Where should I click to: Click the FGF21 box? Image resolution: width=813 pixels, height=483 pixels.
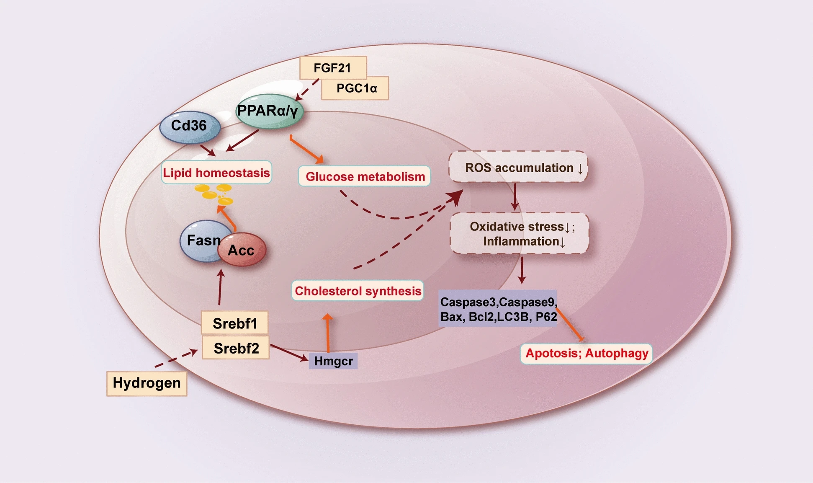(333, 68)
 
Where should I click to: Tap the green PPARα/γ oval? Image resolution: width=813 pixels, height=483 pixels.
(269, 111)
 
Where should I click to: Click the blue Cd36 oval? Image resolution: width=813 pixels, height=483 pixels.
(190, 126)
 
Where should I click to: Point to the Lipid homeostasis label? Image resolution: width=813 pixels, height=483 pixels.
(216, 173)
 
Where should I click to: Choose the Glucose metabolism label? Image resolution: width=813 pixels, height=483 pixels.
(365, 176)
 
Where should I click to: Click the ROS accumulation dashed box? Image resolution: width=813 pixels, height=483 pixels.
(518, 167)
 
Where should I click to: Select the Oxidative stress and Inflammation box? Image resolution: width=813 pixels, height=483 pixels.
(520, 234)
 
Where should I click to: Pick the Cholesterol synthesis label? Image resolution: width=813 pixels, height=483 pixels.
(358, 291)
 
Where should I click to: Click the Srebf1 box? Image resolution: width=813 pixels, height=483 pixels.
(234, 323)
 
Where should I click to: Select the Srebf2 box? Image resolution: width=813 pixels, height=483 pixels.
(236, 348)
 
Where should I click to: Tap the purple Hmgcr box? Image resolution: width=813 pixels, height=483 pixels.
(333, 361)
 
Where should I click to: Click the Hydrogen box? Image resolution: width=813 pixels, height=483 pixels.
(147, 383)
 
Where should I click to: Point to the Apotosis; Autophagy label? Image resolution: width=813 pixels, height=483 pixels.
(586, 353)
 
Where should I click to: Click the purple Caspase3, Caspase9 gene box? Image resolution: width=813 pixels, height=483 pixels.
(498, 309)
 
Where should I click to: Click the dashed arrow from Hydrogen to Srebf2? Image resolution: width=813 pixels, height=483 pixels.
(176, 359)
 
